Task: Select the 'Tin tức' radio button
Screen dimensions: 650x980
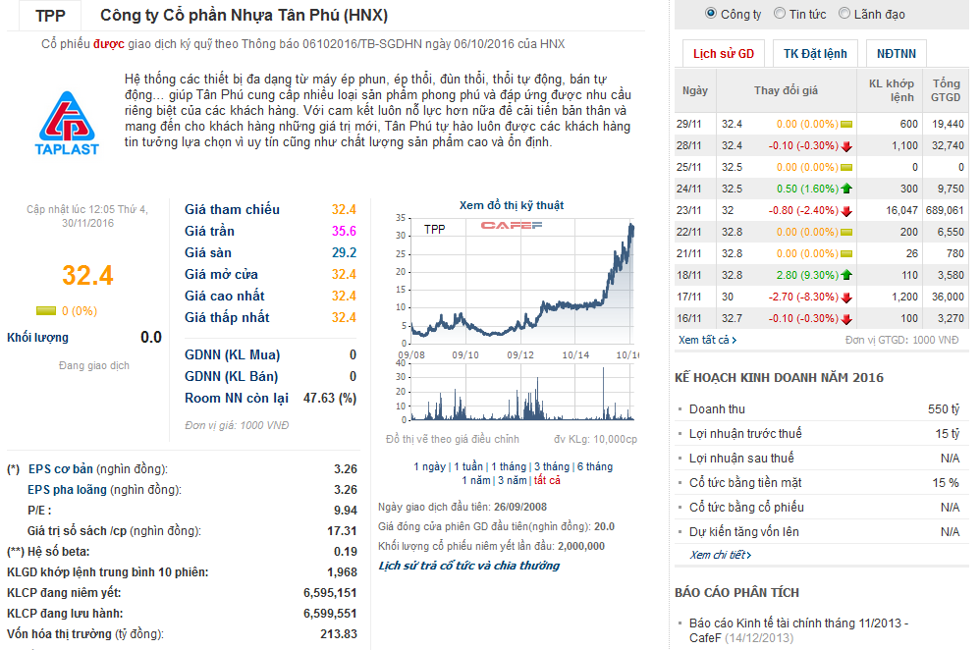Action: [780, 14]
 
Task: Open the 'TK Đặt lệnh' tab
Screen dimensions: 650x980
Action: [815, 53]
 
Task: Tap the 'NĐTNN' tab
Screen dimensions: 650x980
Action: [898, 53]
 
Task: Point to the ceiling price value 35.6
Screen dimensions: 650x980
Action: [344, 231]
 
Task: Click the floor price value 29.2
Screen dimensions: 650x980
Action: [344, 252]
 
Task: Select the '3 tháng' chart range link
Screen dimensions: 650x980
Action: [551, 466]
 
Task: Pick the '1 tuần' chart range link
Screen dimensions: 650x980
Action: [468, 466]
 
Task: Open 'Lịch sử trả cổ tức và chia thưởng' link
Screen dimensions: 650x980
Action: [468, 566]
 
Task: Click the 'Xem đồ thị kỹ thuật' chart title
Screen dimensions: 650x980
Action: [512, 205]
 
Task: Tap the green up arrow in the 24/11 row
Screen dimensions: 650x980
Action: [846, 189]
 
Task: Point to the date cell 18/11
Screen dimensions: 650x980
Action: [688, 275]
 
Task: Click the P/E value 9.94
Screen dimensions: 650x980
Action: [345, 511]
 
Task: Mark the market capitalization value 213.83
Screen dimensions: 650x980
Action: [339, 634]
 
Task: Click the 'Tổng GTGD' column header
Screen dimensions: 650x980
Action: [946, 90]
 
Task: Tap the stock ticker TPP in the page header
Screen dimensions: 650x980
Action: [50, 16]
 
